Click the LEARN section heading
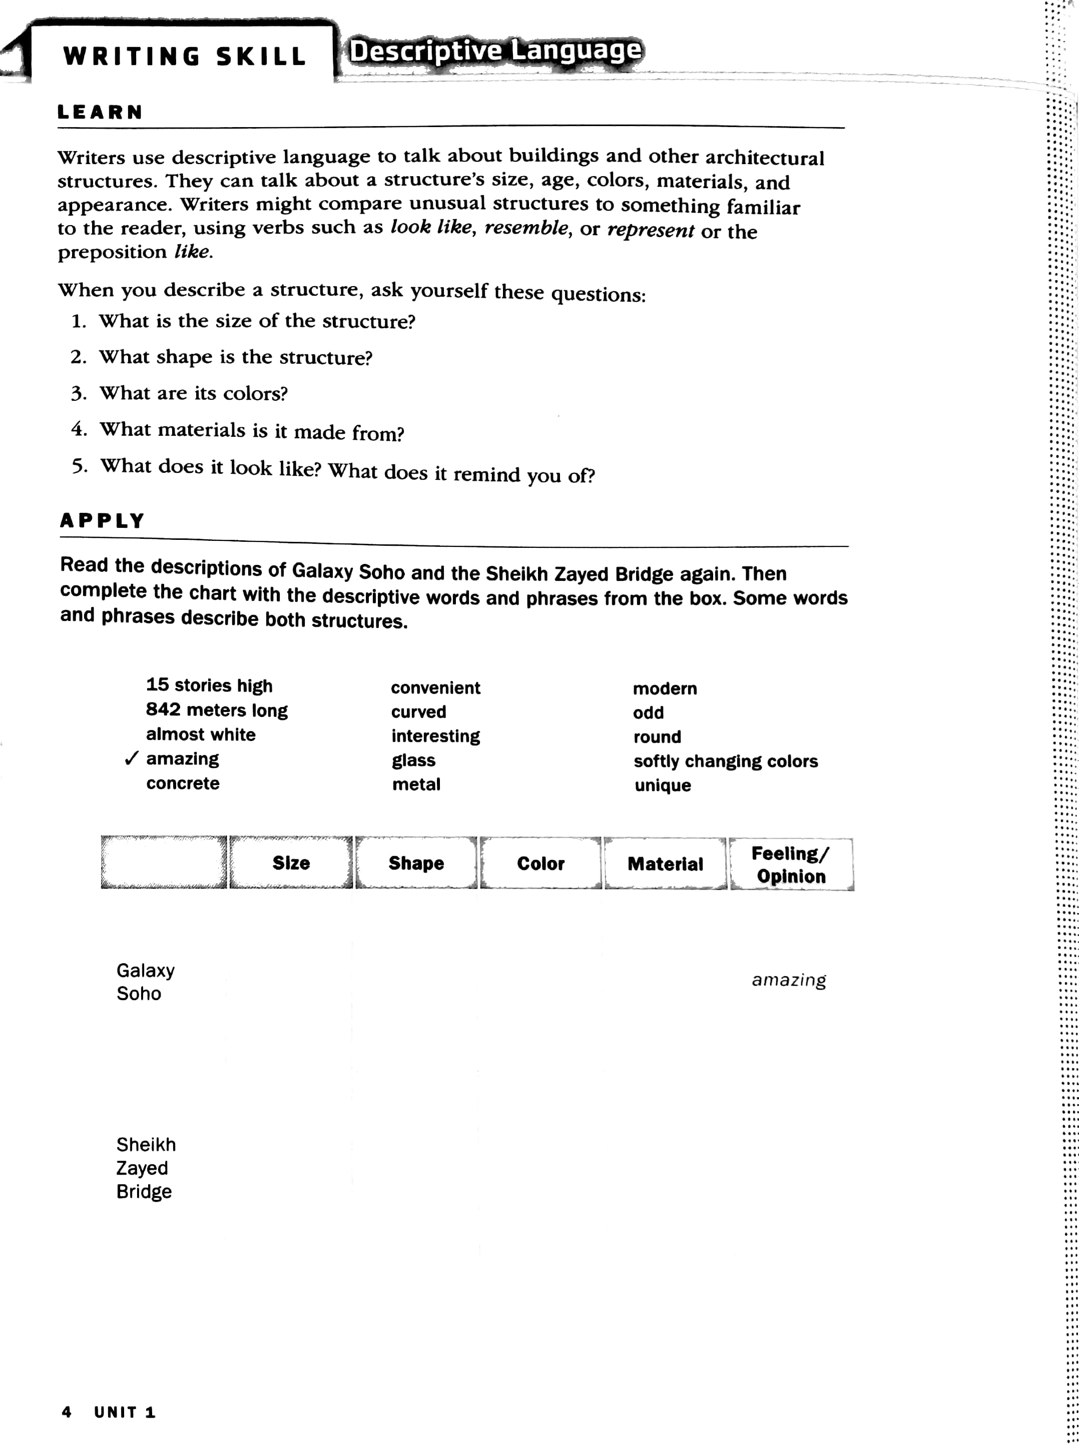coord(99,112)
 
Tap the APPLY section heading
coord(102,520)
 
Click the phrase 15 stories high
coord(209,685)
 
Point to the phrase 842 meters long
coord(216,710)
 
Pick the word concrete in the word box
coord(183,783)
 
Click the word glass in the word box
coord(413,760)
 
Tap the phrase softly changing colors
coord(725,762)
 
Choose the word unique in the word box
coord(662,785)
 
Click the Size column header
coord(291,863)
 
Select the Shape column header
coord(416,863)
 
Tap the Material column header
coord(665,864)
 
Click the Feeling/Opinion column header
coord(790,865)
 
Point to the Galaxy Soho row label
coord(145,981)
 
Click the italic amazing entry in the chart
coord(788,980)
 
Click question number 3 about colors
coord(193,393)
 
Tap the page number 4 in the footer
coord(66,1411)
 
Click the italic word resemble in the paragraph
coord(526,228)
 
